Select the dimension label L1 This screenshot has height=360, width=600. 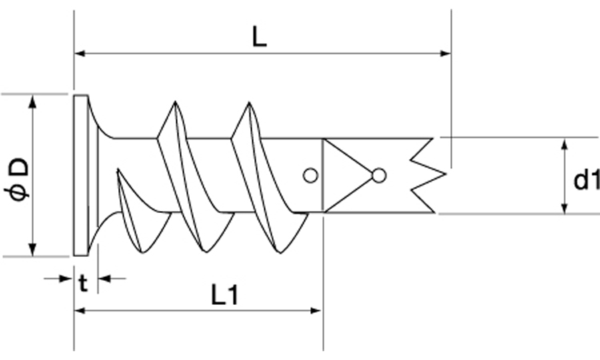tap(226, 295)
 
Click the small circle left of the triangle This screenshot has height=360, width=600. tap(310, 175)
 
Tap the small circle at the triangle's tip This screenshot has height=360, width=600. tap(379, 175)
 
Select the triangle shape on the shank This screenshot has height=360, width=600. tap(346, 175)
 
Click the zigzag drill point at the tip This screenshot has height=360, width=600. tap(426, 175)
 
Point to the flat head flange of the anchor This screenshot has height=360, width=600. tap(81, 175)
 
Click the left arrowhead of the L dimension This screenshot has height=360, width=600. tap(79, 54)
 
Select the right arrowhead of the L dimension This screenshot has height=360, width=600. tap(446, 54)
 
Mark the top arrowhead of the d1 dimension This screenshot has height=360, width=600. tap(565, 142)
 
